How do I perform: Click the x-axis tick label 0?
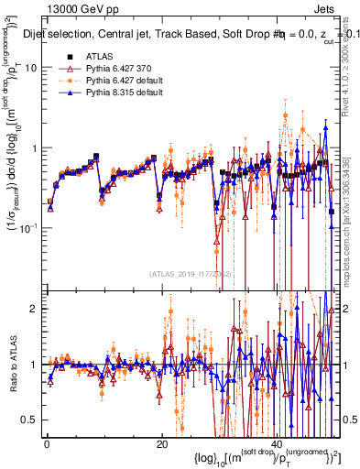click(46, 444)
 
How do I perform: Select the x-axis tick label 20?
click(161, 444)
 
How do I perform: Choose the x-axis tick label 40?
click(276, 444)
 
